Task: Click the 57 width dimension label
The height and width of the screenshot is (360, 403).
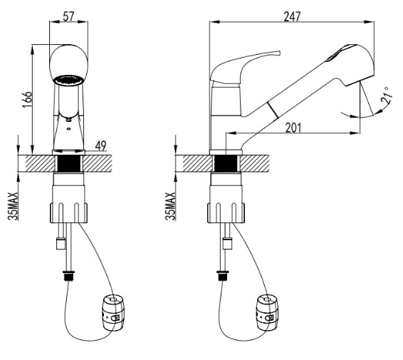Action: [68, 16]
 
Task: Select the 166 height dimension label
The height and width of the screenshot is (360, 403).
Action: [27, 99]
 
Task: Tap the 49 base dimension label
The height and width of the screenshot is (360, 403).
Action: [100, 146]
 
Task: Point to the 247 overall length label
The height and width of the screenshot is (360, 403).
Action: [292, 16]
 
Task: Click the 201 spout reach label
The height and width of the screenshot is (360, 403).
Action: [293, 128]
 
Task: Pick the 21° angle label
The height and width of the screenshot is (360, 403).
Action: [387, 96]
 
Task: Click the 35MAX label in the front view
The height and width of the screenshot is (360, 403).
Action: [14, 206]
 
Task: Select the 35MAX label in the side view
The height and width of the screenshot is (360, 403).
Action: [170, 206]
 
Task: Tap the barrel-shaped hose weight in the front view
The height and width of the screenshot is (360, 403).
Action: [113, 313]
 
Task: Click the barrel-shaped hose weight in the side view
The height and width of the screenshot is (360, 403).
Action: [268, 313]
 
